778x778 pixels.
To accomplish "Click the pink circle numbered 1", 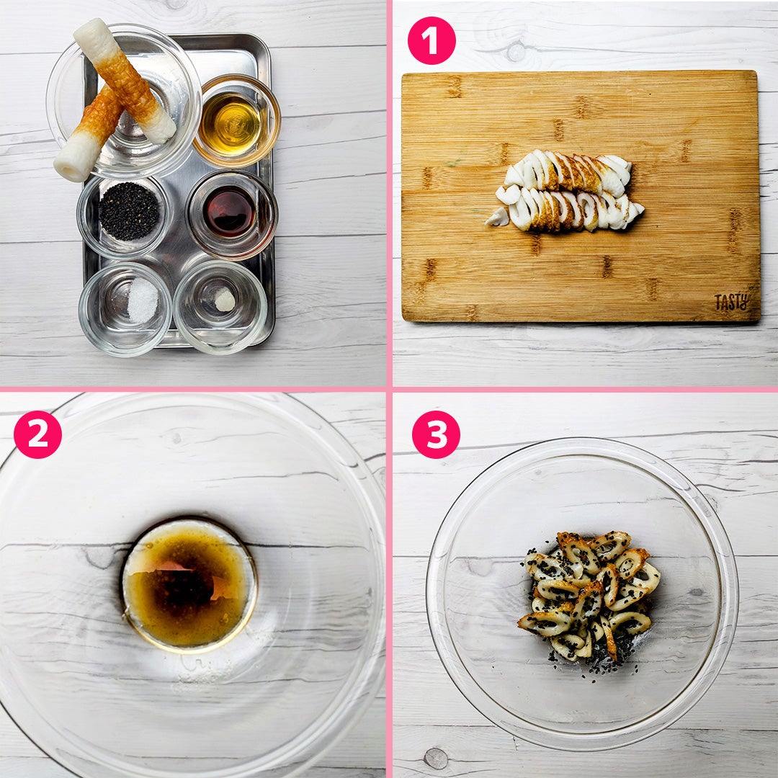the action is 432,40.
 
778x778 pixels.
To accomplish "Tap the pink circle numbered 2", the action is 37,434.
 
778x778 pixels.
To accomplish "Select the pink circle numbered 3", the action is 436,434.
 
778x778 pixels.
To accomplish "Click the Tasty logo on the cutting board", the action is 731,302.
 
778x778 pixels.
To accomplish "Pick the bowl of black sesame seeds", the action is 128,212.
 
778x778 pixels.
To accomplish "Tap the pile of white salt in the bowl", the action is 143,300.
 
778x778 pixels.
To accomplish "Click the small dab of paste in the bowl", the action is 225,300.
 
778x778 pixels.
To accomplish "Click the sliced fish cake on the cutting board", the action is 565,190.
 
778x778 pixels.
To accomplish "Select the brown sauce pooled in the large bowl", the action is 189,586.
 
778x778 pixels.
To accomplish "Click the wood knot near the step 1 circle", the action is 516,51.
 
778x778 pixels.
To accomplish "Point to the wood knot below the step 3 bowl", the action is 436,758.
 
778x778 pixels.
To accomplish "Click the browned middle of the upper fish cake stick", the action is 124,79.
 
